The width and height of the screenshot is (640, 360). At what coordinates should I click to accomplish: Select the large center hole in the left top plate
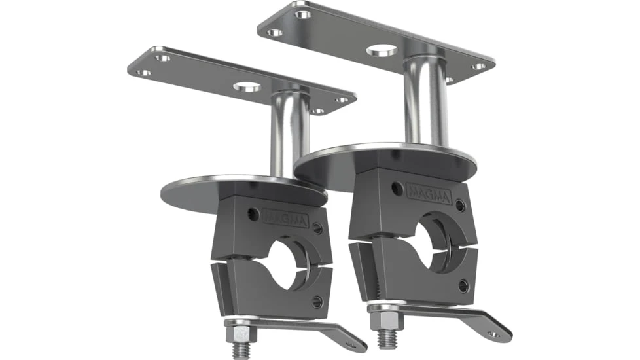point(247,86)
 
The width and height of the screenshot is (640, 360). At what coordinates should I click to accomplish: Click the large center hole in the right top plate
point(382,50)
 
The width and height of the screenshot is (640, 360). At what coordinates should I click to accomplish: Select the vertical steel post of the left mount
point(289,134)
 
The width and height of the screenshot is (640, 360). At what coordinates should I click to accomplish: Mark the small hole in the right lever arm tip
point(494,334)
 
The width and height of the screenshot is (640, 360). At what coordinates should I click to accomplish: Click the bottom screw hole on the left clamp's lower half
point(317,302)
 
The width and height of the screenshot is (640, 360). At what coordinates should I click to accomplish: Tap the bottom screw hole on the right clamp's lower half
point(463,285)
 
